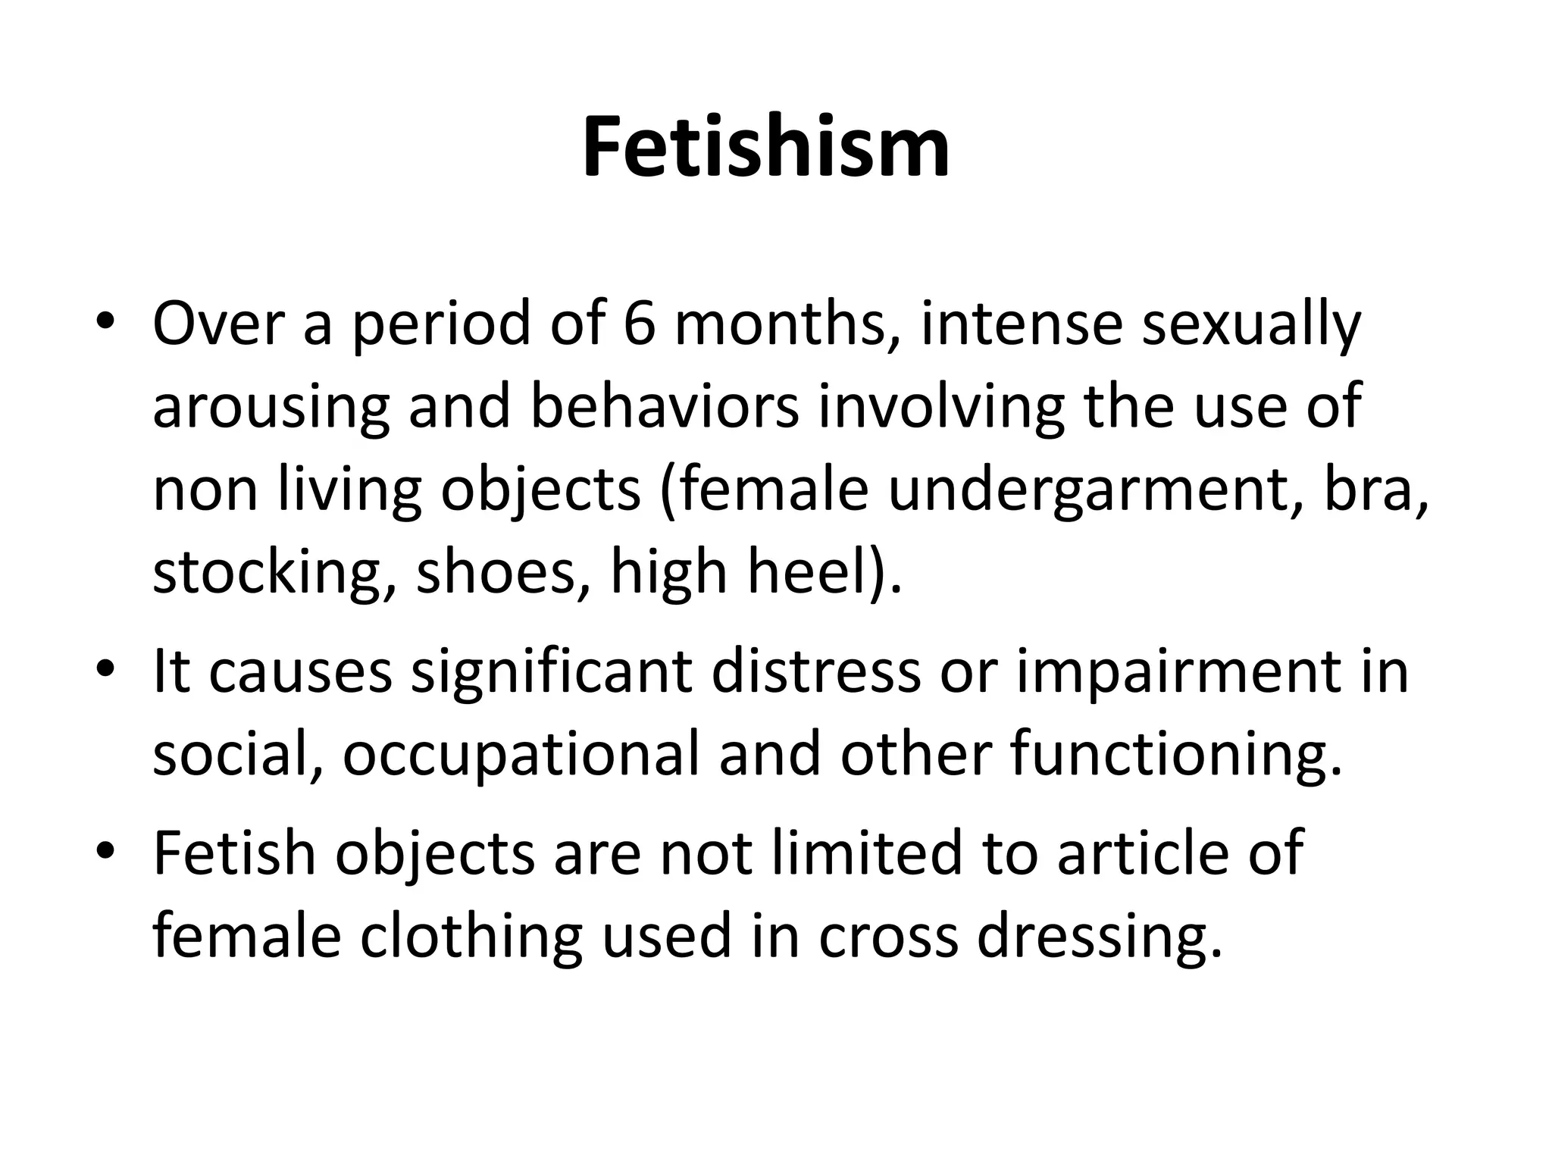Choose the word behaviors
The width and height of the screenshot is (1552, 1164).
[664, 406]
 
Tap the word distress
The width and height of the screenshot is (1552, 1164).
[817, 672]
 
